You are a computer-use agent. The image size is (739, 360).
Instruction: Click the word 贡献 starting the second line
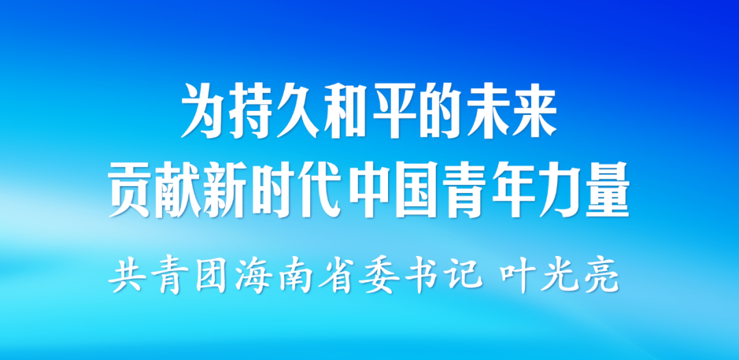155,190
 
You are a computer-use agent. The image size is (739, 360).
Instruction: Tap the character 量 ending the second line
607,190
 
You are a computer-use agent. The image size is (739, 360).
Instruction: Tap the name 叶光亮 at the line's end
560,276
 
